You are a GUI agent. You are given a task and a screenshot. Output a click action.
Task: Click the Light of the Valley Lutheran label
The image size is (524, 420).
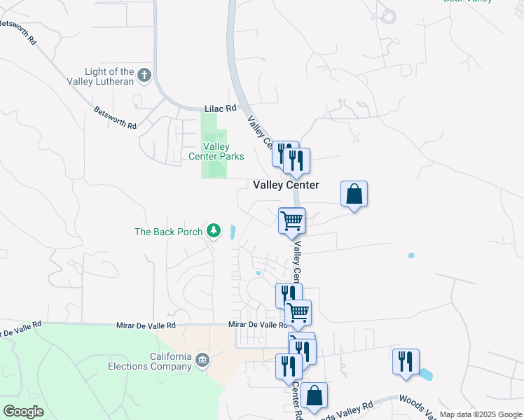[x=109, y=76]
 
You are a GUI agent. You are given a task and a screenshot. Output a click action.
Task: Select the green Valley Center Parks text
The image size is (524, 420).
[x=216, y=151]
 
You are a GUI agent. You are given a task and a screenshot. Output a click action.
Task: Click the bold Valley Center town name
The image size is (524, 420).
[x=286, y=185]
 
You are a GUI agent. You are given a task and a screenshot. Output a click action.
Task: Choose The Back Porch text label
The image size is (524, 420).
[x=168, y=232]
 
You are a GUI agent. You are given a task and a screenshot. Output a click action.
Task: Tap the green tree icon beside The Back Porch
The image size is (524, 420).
[x=214, y=231]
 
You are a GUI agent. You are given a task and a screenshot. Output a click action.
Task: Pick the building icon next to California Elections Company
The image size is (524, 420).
[x=202, y=360]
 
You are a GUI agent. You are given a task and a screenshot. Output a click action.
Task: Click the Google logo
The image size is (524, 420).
[x=23, y=412]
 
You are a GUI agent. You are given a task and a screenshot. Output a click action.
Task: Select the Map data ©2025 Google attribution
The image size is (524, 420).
[x=480, y=414]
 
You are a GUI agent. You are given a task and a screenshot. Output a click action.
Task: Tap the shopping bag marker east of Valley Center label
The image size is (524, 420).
[x=354, y=194]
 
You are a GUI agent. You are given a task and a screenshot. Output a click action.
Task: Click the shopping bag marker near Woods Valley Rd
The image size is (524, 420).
[x=315, y=395]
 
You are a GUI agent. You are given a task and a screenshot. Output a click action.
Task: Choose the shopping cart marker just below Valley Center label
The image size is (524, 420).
[x=291, y=220]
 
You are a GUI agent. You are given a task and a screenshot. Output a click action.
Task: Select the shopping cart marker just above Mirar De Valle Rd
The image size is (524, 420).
[x=298, y=312]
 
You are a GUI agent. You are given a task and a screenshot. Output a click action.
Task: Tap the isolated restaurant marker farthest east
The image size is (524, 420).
[x=406, y=361]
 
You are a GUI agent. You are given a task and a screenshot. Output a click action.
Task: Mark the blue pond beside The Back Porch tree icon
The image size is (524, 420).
[x=232, y=232]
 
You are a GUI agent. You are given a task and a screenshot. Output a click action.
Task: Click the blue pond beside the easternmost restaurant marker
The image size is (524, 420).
[x=425, y=374]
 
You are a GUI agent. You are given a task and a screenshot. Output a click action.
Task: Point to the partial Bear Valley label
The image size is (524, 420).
[x=477, y=2]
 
